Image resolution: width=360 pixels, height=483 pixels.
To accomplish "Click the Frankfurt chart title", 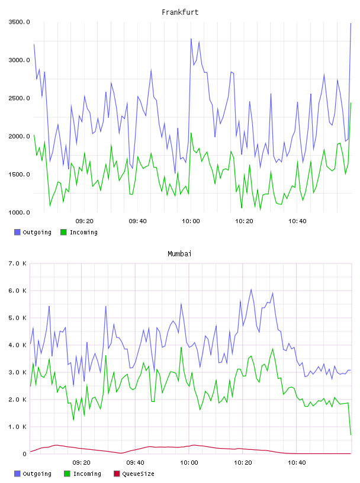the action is point(180,12).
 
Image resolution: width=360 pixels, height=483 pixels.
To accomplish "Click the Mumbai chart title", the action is point(179,253).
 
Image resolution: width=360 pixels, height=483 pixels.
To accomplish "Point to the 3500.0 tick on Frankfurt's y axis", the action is point(19,22).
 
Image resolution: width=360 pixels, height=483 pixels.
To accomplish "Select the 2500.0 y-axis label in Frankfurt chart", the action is point(19,98).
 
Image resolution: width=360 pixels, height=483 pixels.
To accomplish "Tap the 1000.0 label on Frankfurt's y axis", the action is point(19,212).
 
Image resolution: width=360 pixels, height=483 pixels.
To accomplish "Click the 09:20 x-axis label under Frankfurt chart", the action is point(85,221).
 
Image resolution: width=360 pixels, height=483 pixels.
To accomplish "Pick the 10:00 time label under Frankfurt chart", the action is point(191,221).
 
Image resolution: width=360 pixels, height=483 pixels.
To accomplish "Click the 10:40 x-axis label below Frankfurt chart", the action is point(297,221).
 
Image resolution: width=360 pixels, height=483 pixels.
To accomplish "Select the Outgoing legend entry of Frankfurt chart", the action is point(33,232).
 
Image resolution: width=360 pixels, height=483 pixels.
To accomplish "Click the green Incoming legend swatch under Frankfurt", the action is point(63,232).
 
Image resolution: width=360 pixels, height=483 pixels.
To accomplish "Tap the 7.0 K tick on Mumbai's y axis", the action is point(17,263).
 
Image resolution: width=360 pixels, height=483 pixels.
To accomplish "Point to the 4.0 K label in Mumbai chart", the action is point(17,345).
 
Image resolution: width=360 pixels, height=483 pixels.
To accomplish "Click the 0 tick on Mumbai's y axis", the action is point(24,454).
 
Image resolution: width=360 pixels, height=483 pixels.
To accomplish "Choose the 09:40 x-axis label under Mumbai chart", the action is point(136,462).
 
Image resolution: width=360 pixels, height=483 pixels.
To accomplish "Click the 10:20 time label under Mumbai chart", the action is point(243,462).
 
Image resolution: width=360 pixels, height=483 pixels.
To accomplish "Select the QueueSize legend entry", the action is point(134,474).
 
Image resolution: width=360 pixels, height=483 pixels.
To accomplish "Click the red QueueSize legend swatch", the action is point(117,474).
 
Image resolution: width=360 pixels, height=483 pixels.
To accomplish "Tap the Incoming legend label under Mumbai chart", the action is point(87,474).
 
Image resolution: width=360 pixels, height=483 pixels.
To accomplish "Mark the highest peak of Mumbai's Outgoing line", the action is point(251,289).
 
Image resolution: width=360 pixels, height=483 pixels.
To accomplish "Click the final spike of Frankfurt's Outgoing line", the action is point(351,24).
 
